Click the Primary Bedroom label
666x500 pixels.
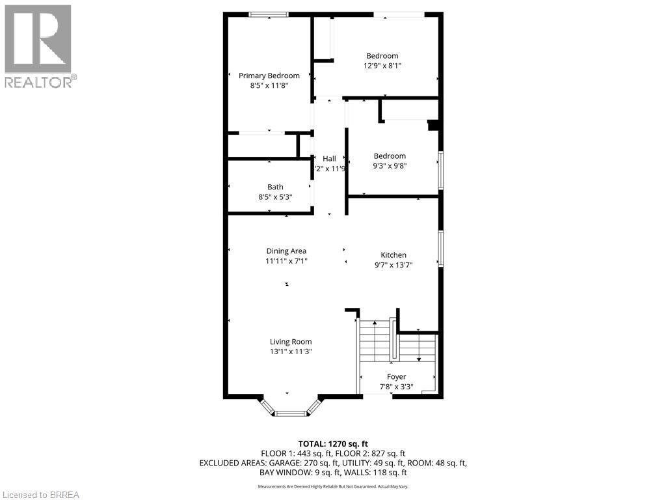pos(269,76)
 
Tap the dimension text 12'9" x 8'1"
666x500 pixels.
pos(382,65)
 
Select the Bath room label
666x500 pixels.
pos(275,187)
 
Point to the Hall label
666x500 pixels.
pos(329,159)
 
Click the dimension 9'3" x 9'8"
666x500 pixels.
pos(389,165)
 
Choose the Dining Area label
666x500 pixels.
pos(286,251)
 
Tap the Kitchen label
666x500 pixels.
pos(393,255)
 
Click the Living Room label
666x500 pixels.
pos(291,342)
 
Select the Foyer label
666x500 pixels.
pos(396,376)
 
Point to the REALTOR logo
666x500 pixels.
pos(38,46)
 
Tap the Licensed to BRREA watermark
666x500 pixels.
pos(40,494)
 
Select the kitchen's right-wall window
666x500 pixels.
pos(440,249)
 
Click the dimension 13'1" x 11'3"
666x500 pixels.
pos(291,352)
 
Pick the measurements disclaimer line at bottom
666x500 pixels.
pos(332,486)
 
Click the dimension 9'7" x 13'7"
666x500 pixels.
pos(393,265)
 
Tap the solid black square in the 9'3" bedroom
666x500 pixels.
pos(433,126)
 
